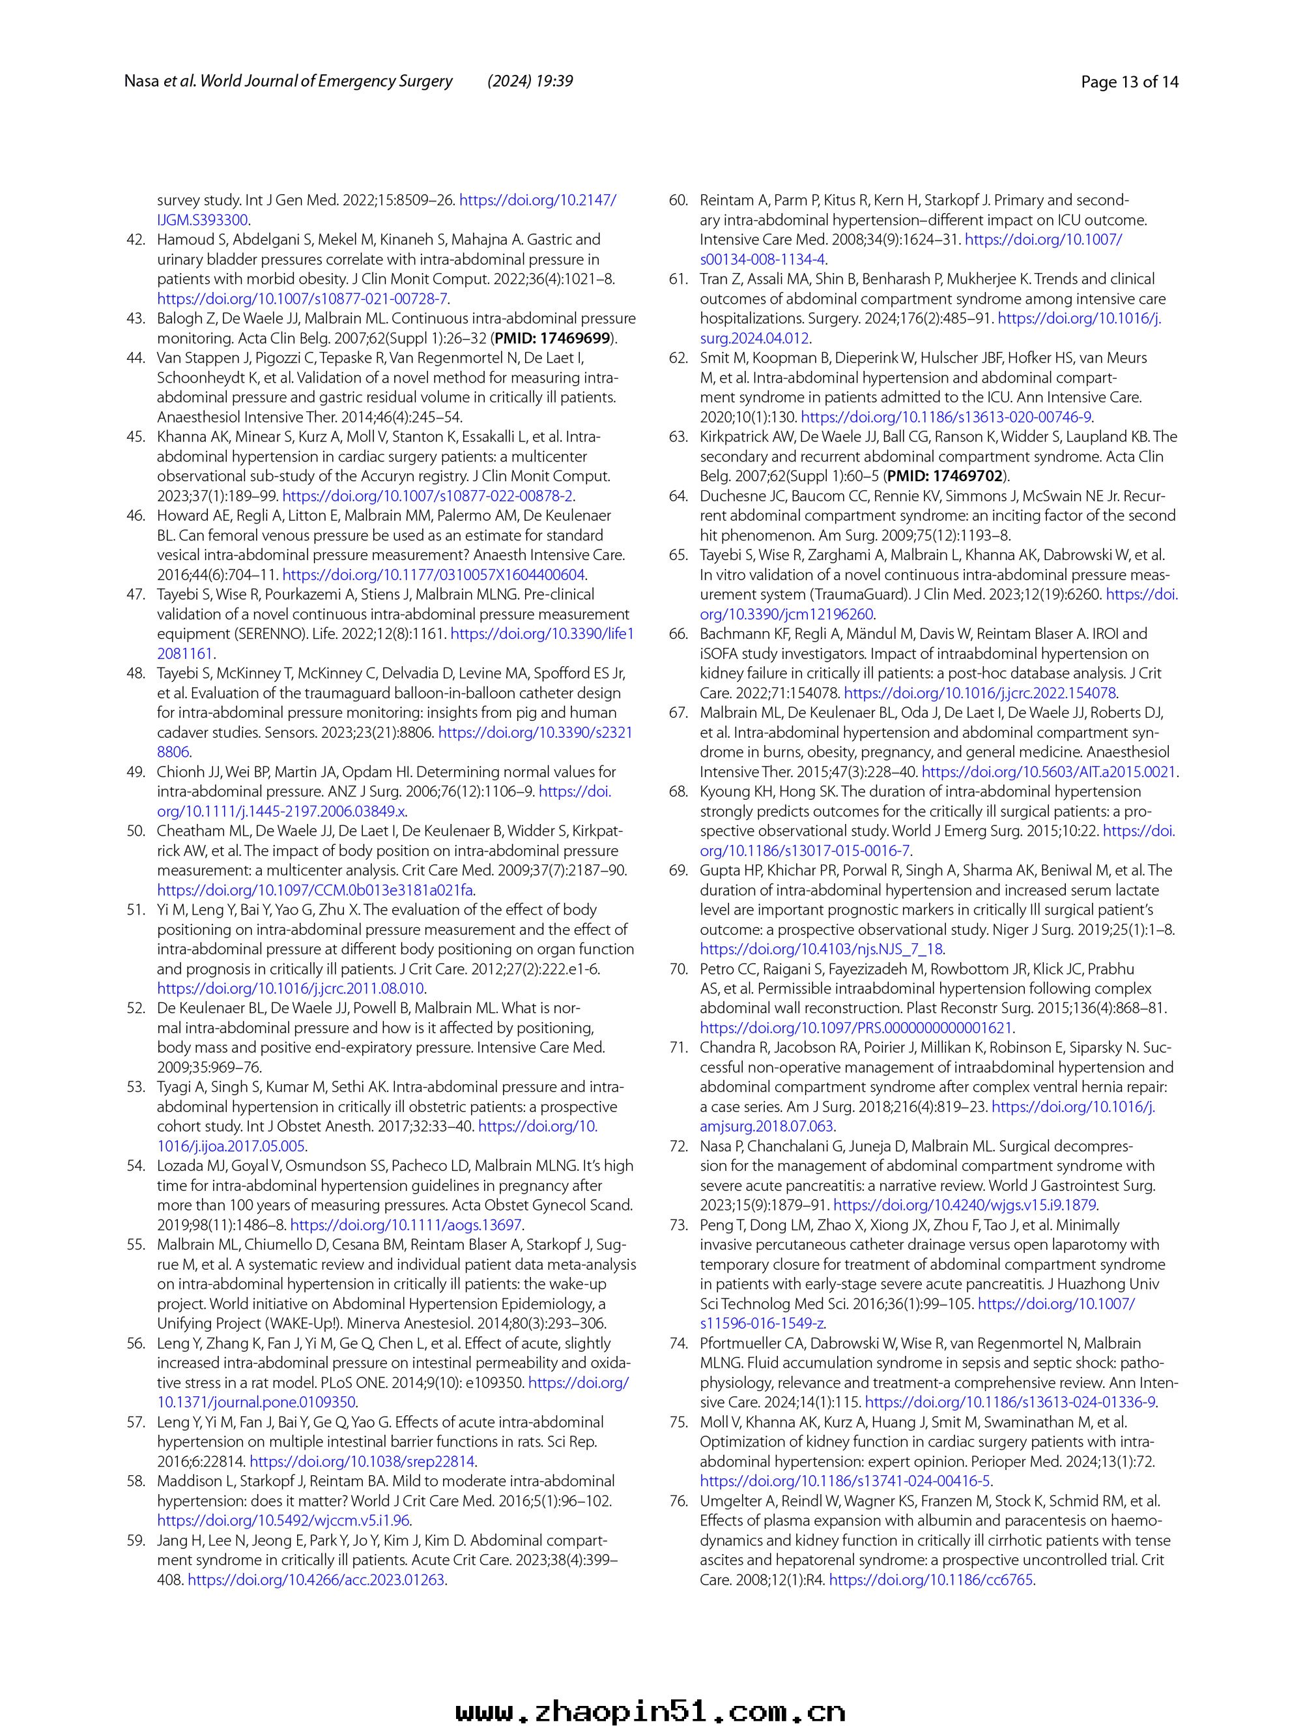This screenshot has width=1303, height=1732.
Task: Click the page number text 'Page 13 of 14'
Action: point(1128,81)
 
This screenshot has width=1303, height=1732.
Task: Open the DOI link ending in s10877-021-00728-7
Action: point(303,299)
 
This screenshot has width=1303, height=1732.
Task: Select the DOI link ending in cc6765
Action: point(931,1580)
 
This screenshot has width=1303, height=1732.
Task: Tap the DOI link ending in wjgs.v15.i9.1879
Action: point(965,1205)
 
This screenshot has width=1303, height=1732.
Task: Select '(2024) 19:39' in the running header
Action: point(530,81)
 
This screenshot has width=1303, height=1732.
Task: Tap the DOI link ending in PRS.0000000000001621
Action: point(856,1028)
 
